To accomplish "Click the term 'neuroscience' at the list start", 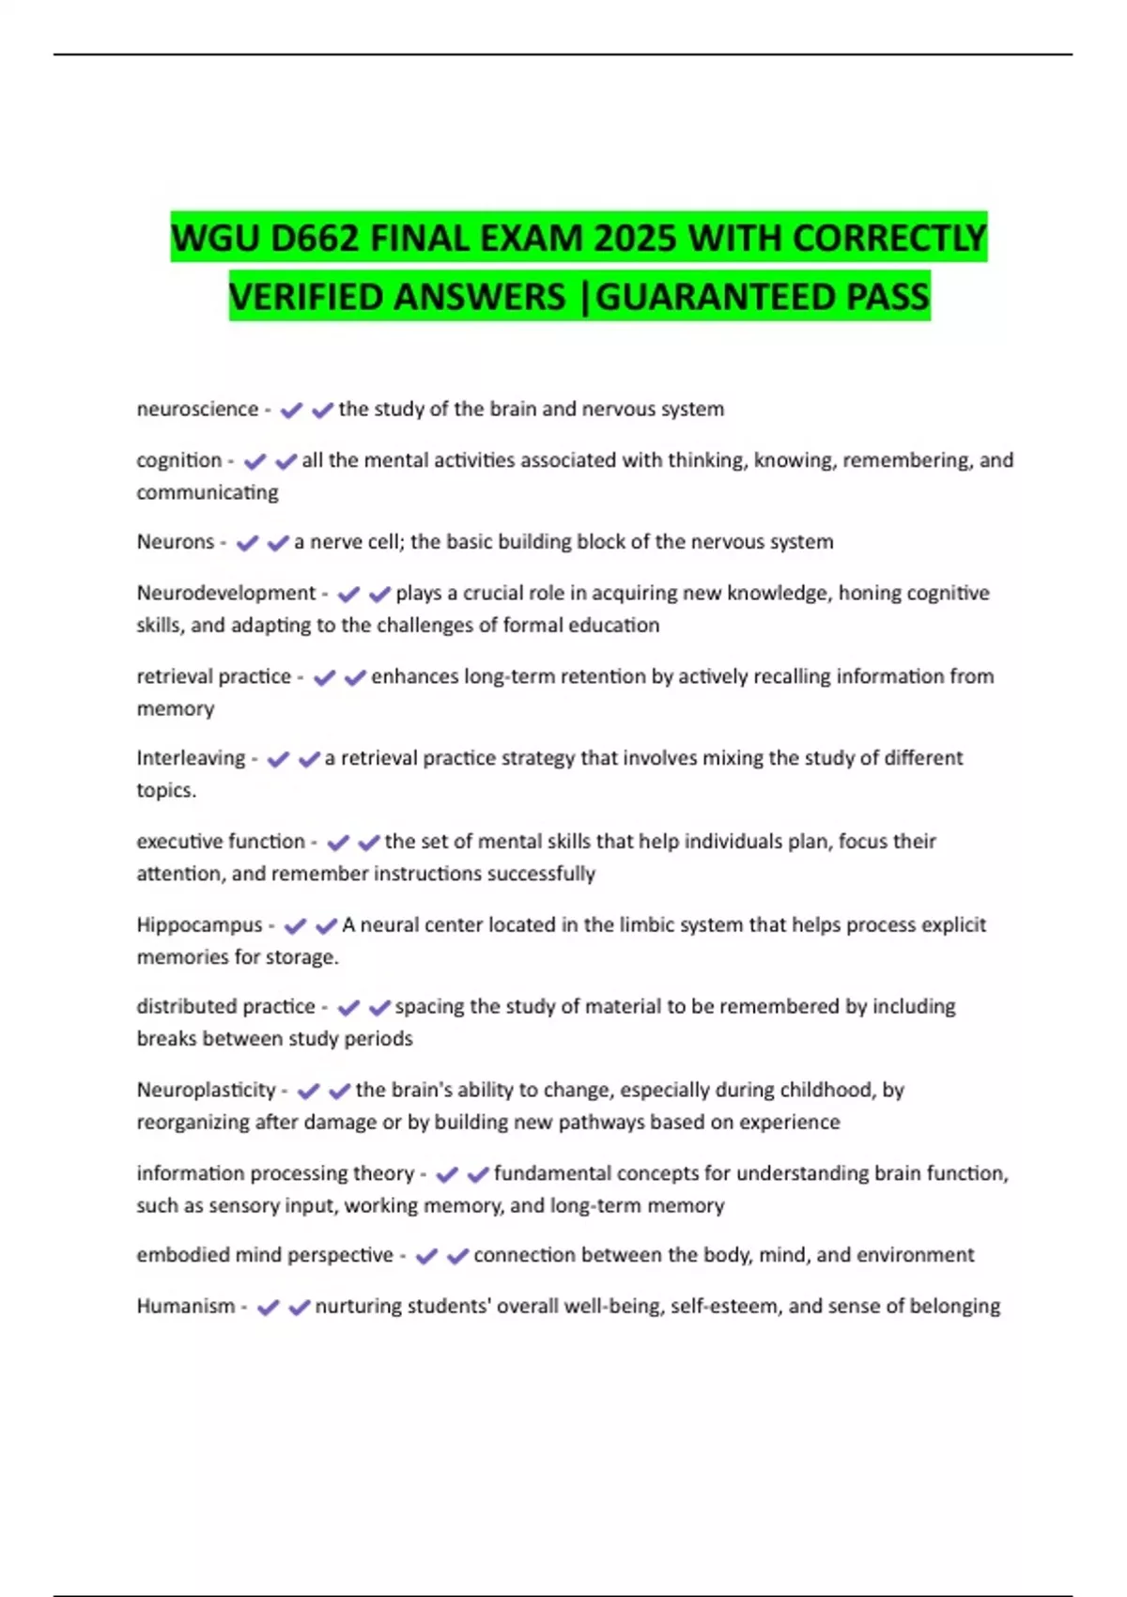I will click(x=197, y=410).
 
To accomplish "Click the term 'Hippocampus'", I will click(x=199, y=925).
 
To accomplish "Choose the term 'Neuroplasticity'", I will click(x=206, y=1091).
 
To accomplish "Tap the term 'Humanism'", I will click(x=185, y=1307).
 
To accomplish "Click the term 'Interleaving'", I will click(x=191, y=758).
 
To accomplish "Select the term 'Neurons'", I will click(x=176, y=542).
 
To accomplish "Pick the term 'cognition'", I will click(x=178, y=460).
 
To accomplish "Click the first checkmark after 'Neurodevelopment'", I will click(x=348, y=595).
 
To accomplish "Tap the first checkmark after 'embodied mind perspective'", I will click(x=426, y=1256).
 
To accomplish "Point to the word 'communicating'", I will click(x=208, y=492).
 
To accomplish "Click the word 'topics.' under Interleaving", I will click(x=166, y=790).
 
